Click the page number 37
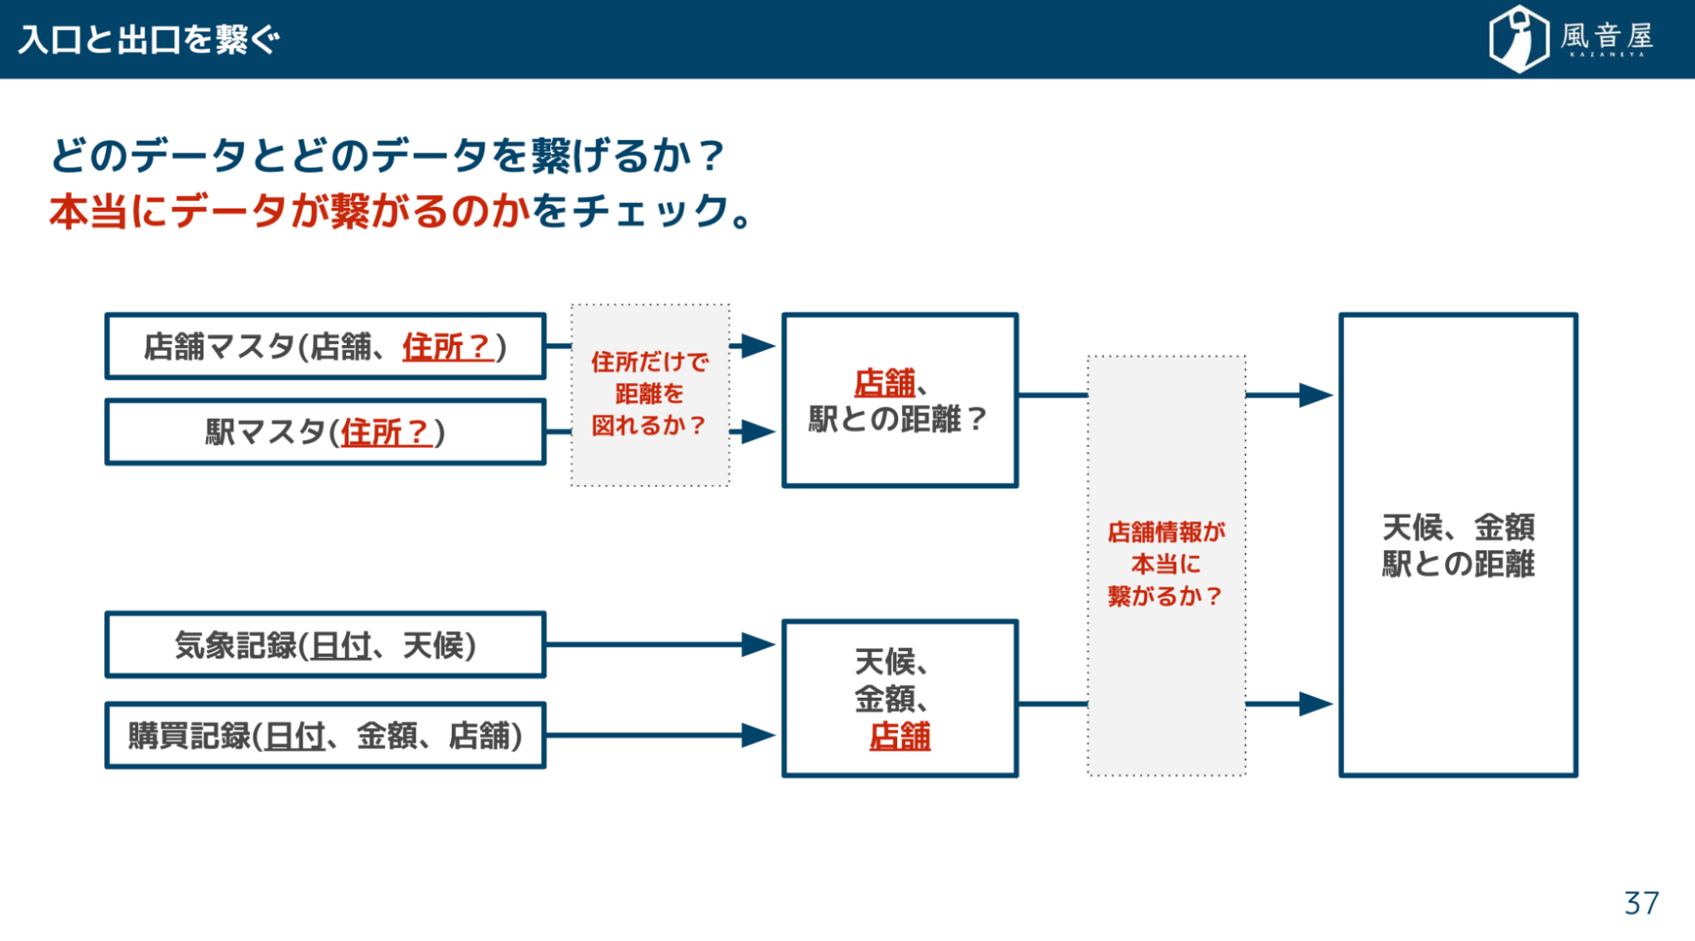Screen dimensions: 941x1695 coord(1641,903)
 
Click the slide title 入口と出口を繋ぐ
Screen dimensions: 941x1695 coord(148,40)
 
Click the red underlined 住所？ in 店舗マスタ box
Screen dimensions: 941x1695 coord(448,347)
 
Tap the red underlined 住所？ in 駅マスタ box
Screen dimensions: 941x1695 coord(387,432)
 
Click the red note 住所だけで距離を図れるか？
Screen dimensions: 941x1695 coord(650,393)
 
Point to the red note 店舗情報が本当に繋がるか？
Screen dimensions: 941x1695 coord(1166,564)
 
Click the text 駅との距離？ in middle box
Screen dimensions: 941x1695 coord(899,419)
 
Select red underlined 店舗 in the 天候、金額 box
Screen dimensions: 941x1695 coord(900,736)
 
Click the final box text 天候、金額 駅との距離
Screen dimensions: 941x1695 coord(1458,545)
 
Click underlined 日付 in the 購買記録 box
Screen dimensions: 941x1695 coord(294,736)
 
